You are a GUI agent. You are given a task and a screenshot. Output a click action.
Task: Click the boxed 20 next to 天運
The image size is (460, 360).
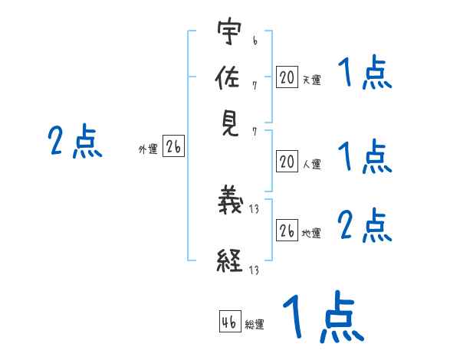[287, 77]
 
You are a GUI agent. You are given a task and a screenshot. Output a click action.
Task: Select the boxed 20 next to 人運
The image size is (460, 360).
[287, 161]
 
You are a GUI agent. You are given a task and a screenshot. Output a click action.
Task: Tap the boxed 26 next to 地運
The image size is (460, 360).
[287, 231]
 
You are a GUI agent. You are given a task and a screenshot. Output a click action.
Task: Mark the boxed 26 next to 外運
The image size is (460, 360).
[172, 147]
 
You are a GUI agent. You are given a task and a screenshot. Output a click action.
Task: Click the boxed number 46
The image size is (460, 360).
[228, 322]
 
